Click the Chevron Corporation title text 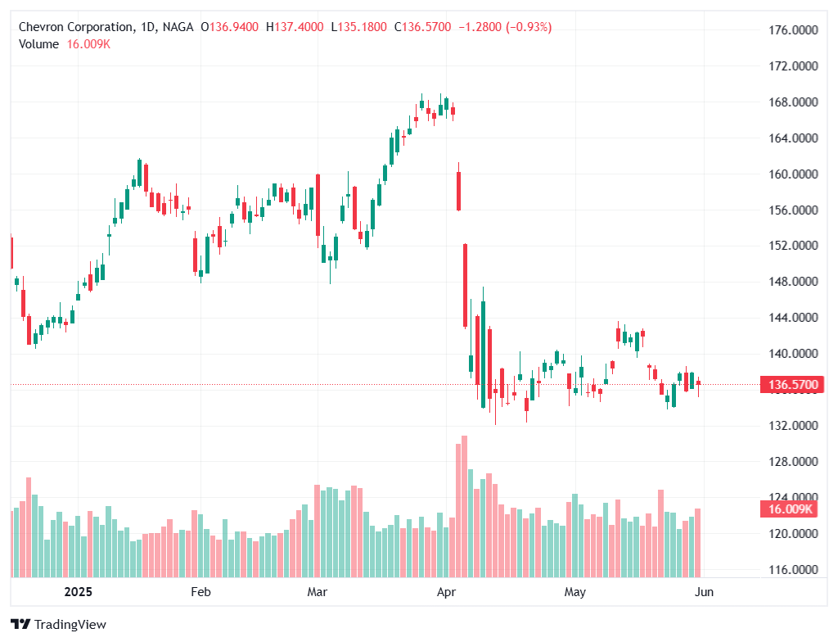[77, 27]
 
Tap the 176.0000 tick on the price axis [790, 30]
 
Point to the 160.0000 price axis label [790, 174]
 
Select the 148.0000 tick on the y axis [790, 282]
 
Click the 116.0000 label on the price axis [790, 569]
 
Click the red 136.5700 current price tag [790, 384]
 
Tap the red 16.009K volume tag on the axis [790, 509]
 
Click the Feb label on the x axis [200, 591]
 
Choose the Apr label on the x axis [446, 591]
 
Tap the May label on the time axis [575, 591]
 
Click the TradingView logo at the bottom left [59, 624]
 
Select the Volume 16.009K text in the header [64, 44]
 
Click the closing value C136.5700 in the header [422, 27]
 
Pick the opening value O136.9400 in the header [229, 27]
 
